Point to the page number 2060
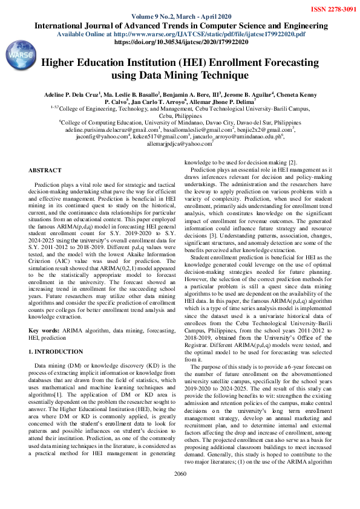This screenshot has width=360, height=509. click(180, 491)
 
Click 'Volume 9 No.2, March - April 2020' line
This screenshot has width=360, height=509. click(180, 18)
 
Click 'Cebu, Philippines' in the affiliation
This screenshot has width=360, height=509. click(180, 115)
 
